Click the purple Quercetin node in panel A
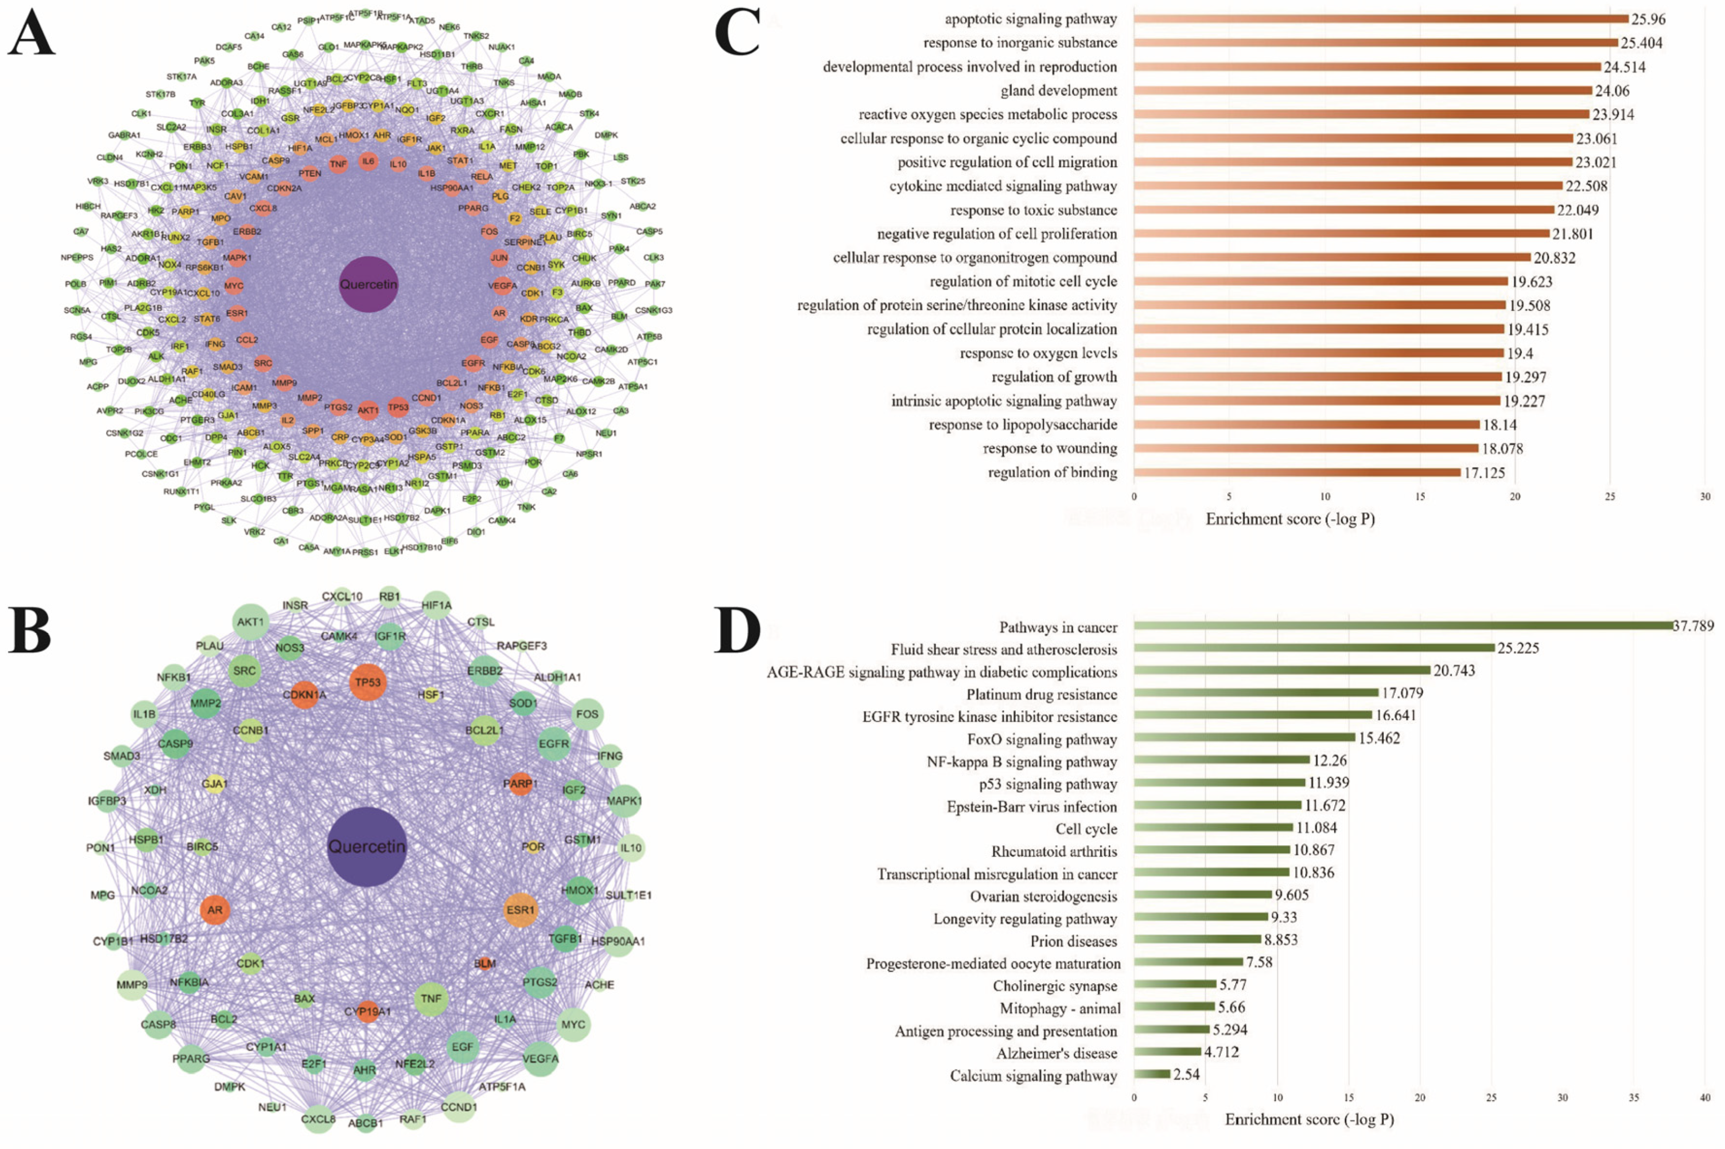(x=369, y=284)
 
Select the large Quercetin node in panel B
(x=366, y=846)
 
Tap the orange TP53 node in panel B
(x=368, y=682)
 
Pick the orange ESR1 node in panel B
(x=520, y=910)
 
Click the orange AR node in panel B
(x=215, y=910)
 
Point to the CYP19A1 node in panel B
(x=368, y=1011)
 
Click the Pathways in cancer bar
(x=1403, y=626)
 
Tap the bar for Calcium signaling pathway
(x=1152, y=1074)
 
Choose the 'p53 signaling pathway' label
(x=1048, y=784)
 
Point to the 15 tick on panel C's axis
(x=1420, y=497)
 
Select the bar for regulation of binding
(x=1297, y=472)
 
